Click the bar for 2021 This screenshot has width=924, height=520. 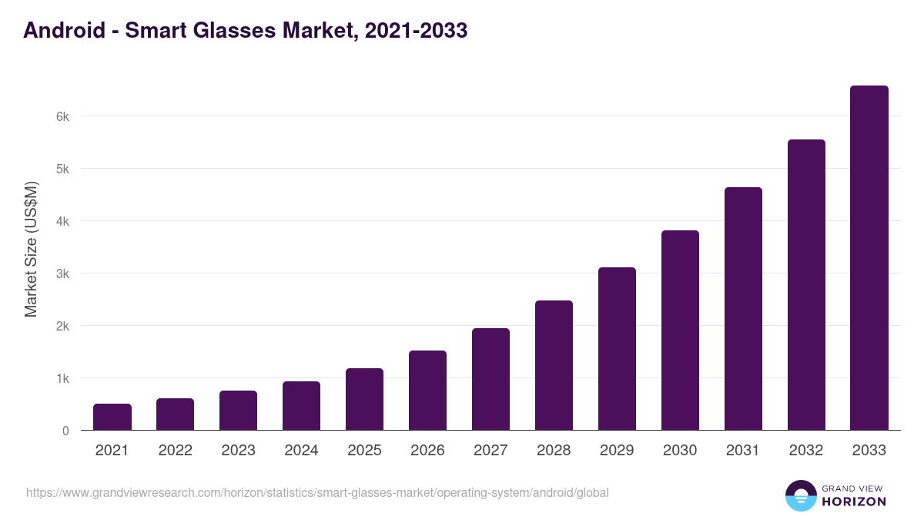point(112,417)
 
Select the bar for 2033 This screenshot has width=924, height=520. point(869,258)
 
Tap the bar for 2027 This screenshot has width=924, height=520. point(490,379)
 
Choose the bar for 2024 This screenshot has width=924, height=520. point(301,405)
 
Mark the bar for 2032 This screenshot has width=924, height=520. point(806,285)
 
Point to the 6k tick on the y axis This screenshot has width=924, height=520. point(62,116)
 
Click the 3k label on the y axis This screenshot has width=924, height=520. point(62,273)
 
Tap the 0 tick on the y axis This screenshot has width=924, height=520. point(65,431)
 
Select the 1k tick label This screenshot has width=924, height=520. point(62,378)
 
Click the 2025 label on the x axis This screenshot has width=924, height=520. point(364,451)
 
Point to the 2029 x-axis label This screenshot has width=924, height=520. point(617,451)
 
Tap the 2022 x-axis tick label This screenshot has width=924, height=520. point(176,451)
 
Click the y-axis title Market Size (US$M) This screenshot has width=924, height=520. point(31,250)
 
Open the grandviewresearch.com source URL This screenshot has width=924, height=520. point(317,492)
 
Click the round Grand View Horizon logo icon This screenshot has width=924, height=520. point(801,495)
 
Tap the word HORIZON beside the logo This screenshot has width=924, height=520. point(855,502)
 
